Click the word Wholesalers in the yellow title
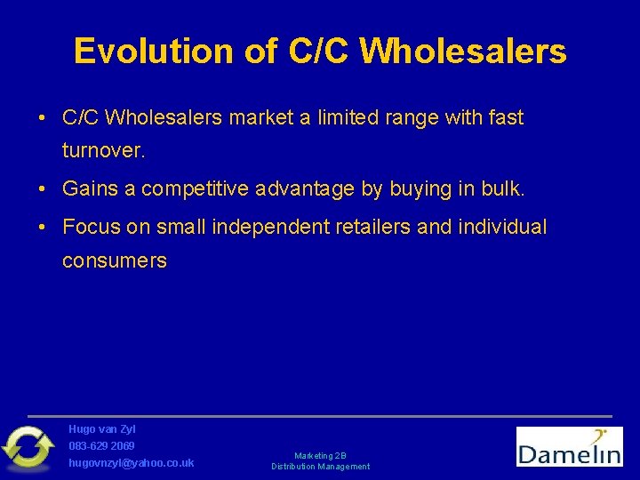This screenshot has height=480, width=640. pyautogui.click(x=463, y=52)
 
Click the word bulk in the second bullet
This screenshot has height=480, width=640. pyautogui.click(x=503, y=188)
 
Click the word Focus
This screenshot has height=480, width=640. pyautogui.click(x=92, y=227)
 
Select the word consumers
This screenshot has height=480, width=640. pyautogui.click(x=114, y=260)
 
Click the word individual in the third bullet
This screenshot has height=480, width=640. pyautogui.click(x=502, y=227)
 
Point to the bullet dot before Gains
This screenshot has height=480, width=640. pyautogui.click(x=43, y=188)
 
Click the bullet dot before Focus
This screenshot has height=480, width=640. pyautogui.click(x=43, y=227)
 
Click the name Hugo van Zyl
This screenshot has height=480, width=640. pyautogui.click(x=102, y=429)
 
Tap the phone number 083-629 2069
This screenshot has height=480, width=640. pyautogui.click(x=102, y=445)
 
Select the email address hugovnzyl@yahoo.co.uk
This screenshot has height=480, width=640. pyautogui.click(x=132, y=463)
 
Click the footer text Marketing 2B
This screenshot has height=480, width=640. pyautogui.click(x=320, y=455)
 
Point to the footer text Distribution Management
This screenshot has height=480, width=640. pyautogui.click(x=320, y=467)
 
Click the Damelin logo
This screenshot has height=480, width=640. pyautogui.click(x=569, y=446)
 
